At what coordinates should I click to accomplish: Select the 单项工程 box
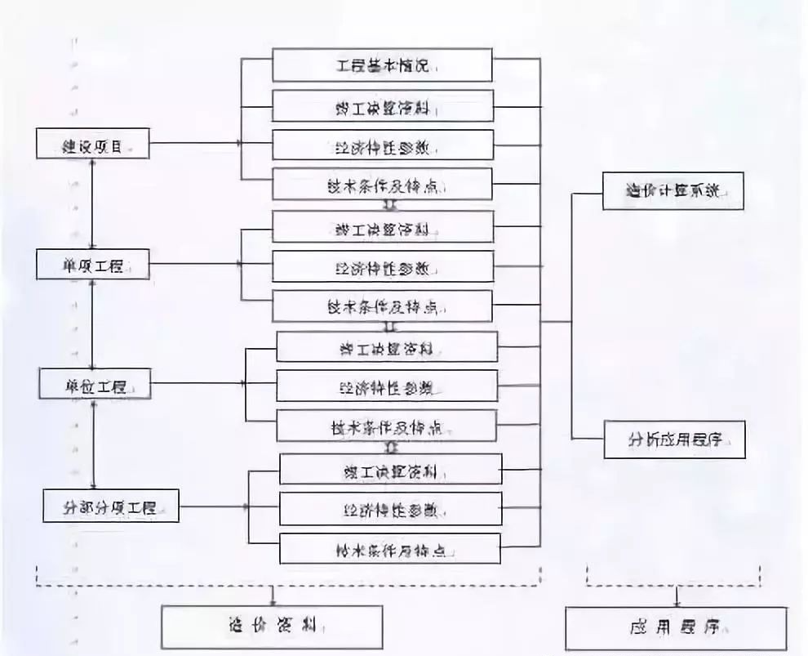point(93,266)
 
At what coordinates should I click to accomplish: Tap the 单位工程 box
point(95,384)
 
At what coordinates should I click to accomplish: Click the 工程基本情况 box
point(382,65)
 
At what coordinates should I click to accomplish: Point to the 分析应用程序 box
point(674,441)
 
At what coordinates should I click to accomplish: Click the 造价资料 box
point(272,627)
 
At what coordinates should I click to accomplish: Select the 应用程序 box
point(676,628)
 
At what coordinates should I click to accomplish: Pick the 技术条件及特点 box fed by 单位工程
point(387,426)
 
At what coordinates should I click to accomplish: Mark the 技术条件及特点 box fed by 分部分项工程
point(389,548)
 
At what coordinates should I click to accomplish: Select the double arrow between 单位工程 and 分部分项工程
point(95,445)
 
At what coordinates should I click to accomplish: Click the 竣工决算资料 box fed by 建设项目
point(382,106)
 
